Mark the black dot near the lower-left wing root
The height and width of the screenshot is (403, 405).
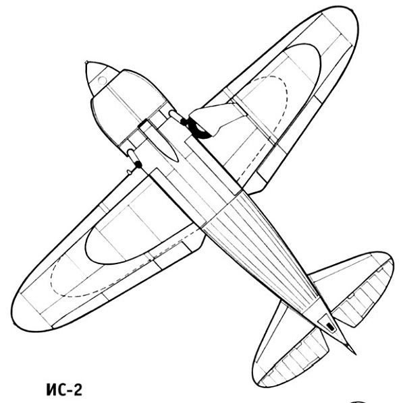(138, 164)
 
